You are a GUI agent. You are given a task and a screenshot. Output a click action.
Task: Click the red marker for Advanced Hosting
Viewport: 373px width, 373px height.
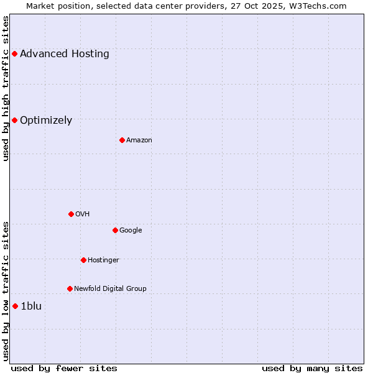[x=14, y=54]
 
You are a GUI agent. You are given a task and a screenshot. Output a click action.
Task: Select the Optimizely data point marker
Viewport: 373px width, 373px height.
[x=14, y=120]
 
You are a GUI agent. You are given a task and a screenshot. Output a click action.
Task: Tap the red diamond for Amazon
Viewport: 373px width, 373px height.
[x=122, y=140]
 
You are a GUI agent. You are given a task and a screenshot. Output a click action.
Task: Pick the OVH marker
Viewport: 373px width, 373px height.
[x=71, y=214]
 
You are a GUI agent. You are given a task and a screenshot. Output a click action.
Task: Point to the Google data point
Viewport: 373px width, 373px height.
[x=115, y=230]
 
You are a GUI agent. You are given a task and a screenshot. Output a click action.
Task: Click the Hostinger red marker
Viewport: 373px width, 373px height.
[x=83, y=260]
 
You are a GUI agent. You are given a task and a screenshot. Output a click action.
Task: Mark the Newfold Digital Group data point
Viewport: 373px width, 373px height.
[x=70, y=288]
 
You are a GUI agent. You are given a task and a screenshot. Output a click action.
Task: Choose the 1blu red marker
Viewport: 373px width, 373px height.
[x=15, y=306]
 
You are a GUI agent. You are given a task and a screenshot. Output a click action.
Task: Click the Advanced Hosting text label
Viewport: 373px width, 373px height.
[x=65, y=54]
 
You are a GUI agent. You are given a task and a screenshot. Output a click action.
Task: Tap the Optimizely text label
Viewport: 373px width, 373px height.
[x=46, y=121]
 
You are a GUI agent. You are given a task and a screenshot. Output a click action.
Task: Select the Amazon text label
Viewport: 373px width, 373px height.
[x=139, y=140]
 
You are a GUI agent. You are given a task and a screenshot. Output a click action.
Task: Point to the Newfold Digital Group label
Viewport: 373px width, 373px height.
[x=110, y=288]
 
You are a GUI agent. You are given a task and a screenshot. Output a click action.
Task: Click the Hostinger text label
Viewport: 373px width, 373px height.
[x=103, y=260]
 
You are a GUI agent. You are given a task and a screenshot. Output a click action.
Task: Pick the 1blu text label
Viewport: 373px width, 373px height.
[x=31, y=306]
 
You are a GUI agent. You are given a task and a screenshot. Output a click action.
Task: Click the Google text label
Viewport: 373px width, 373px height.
[x=131, y=230]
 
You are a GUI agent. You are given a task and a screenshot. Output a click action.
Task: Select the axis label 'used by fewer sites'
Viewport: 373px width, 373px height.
[x=64, y=368]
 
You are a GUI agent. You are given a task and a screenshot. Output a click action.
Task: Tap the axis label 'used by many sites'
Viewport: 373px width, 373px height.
[x=312, y=368]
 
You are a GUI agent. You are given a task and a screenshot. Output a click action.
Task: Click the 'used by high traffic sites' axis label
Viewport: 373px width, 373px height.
[x=6, y=88]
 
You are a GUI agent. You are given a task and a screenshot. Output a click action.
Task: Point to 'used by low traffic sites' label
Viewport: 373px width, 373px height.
[x=6, y=291]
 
